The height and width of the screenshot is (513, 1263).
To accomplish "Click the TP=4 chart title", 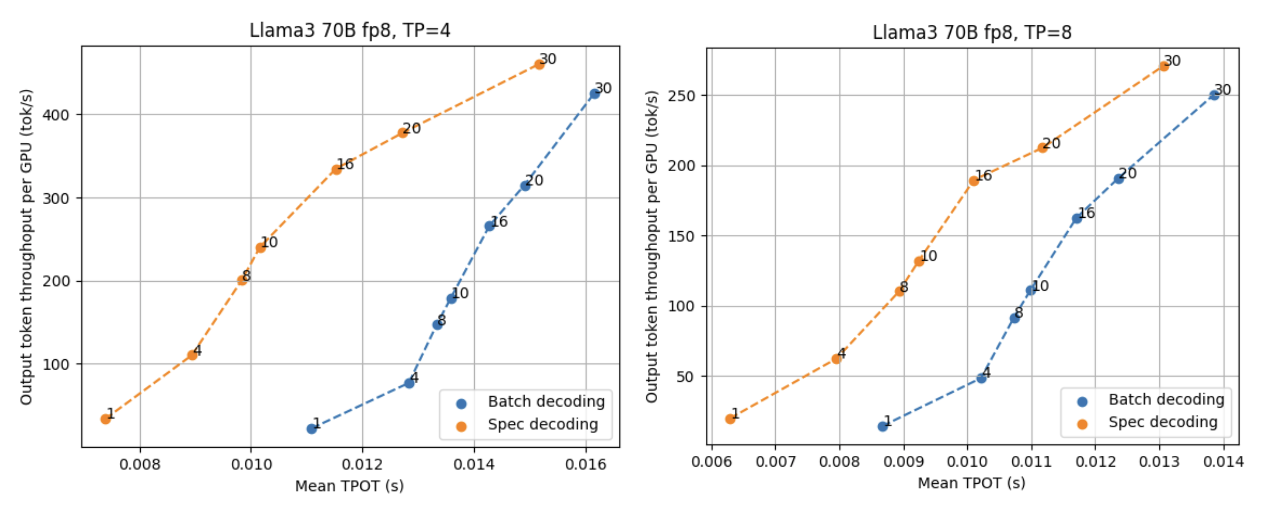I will coord(350,30).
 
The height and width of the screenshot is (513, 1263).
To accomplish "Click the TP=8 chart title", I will coord(972,32).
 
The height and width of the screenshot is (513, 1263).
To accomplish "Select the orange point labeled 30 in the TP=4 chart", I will coord(539,64).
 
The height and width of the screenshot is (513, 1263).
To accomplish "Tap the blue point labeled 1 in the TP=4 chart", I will coord(311,429).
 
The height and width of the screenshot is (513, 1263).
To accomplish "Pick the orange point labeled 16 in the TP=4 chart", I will coord(336,169).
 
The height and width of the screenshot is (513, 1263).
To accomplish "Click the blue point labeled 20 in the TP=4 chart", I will coord(525,185).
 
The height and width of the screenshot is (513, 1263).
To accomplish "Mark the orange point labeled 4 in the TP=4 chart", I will coord(192,355).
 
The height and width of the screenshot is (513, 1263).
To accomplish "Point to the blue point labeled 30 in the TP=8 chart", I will coord(1214,95).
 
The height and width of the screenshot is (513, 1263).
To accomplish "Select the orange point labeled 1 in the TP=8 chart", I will coord(730,418).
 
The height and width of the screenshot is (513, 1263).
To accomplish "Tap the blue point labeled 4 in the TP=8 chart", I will coord(981,378).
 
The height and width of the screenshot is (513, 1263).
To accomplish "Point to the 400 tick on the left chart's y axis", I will coord(56,115).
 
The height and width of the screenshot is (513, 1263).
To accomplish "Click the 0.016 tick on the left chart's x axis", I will coord(586,464).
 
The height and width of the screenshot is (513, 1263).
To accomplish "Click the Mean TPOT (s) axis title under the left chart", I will coord(350,486).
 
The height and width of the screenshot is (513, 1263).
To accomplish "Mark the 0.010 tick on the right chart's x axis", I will coord(967,462).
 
